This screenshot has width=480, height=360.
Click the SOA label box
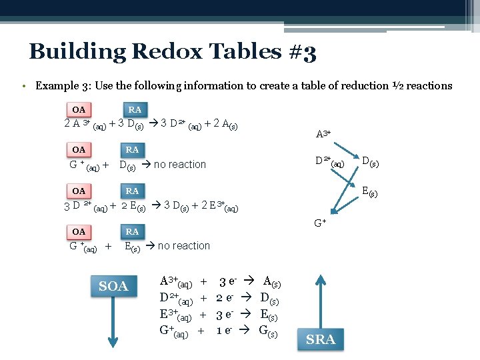tap(113, 286)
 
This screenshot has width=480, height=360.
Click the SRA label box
tap(321, 340)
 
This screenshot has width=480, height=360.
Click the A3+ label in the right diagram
tap(323, 134)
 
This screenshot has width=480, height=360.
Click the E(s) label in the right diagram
tap(371, 193)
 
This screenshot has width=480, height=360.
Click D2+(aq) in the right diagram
tap(330, 161)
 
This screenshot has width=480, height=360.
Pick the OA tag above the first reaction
tap(79, 109)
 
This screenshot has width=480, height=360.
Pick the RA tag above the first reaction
tap(135, 109)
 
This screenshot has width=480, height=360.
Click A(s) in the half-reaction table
tap(272, 282)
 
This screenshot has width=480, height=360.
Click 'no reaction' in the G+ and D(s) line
tap(180, 164)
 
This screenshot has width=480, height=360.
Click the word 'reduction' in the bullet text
tap(339, 85)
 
